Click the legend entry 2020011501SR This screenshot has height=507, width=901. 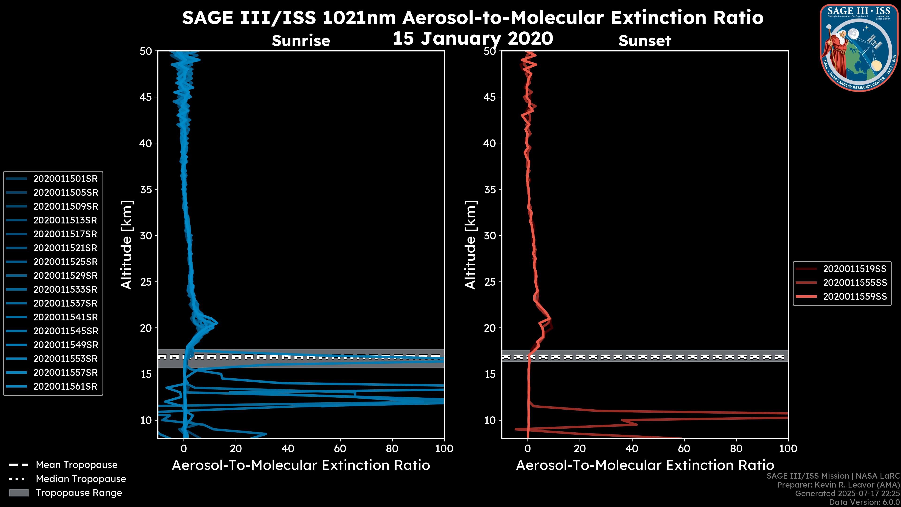65,179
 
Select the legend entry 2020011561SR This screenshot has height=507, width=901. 65,387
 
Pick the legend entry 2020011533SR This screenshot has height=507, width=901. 65,290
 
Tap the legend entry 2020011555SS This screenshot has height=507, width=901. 855,283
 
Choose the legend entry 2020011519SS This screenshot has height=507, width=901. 855,269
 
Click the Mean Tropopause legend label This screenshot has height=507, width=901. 76,465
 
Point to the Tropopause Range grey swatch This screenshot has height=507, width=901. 19,493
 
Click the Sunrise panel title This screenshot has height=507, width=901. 301,41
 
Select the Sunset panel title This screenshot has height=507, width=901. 645,41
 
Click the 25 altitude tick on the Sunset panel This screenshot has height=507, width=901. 490,282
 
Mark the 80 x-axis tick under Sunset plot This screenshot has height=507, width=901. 736,449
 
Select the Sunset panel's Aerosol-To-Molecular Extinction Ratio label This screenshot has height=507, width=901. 645,465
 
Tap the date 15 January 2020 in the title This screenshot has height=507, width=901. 473,38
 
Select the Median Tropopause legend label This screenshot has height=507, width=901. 81,479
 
